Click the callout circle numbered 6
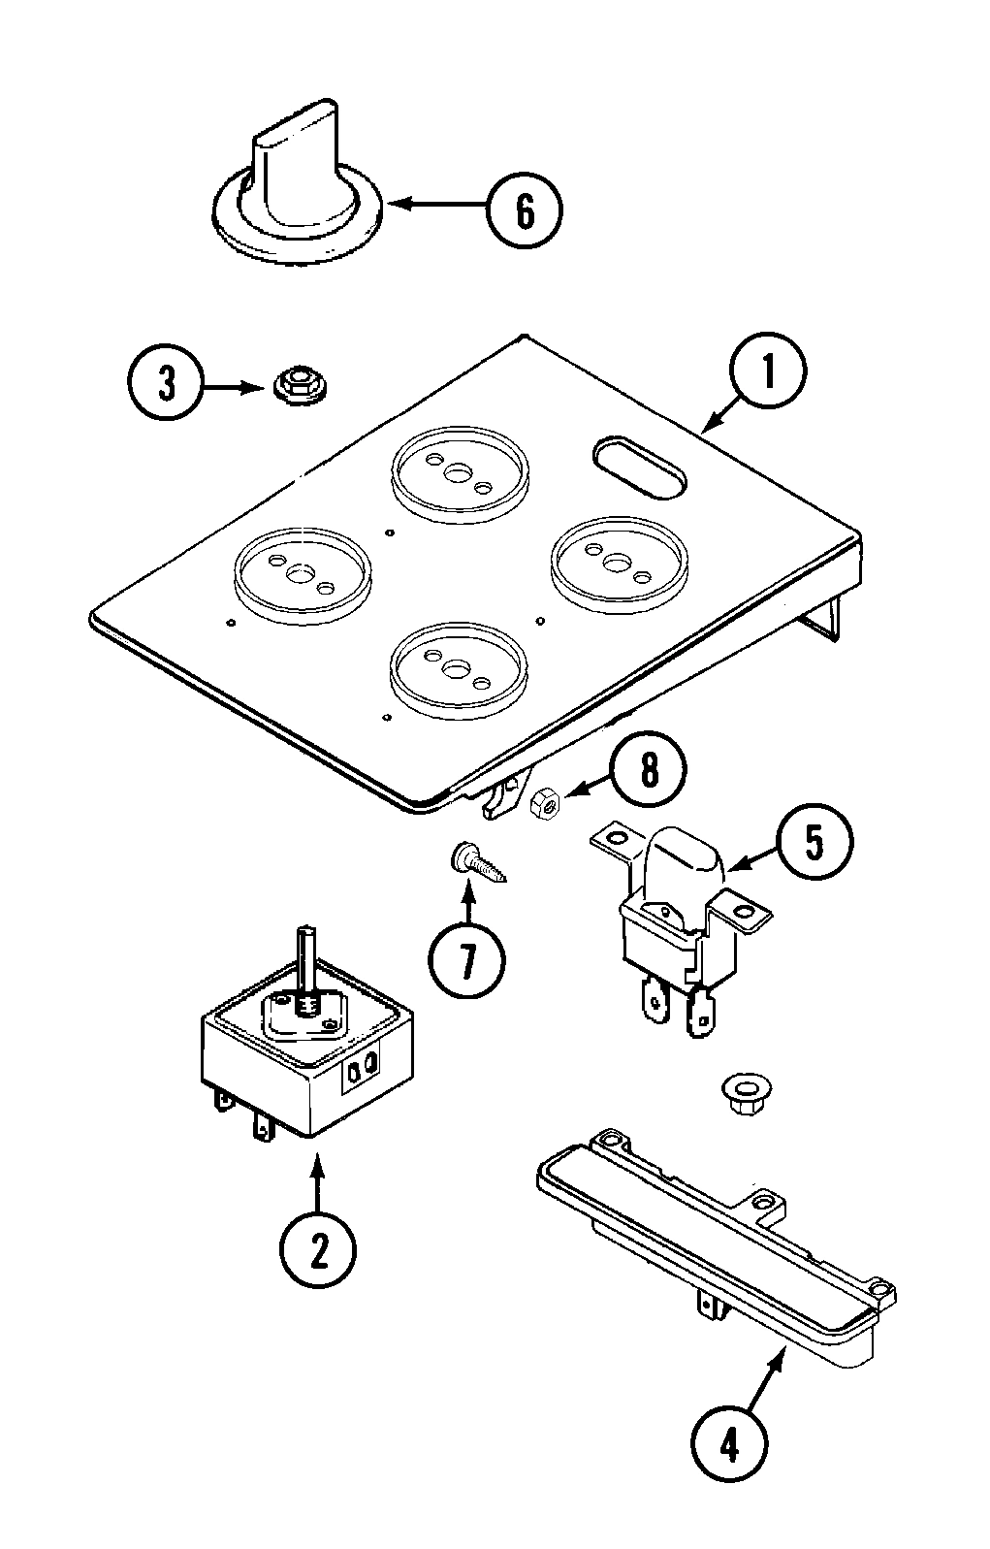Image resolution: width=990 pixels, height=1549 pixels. (524, 209)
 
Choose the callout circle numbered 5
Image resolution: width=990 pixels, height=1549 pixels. (814, 842)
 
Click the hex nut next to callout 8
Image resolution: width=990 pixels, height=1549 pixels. (543, 801)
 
